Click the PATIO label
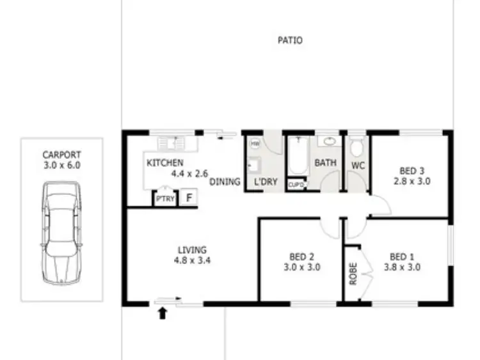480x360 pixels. (x=290, y=40)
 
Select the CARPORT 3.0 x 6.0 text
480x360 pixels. (x=61, y=159)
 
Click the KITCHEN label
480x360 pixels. (x=165, y=163)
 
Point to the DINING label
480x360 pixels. (x=225, y=182)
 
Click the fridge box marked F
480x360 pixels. (x=189, y=198)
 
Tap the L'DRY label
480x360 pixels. (x=266, y=182)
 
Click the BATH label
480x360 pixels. (x=325, y=163)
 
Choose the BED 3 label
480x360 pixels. (x=412, y=171)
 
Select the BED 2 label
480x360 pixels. (x=301, y=258)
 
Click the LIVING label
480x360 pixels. (x=192, y=249)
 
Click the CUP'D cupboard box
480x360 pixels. (x=296, y=185)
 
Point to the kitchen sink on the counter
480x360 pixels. (x=172, y=142)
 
